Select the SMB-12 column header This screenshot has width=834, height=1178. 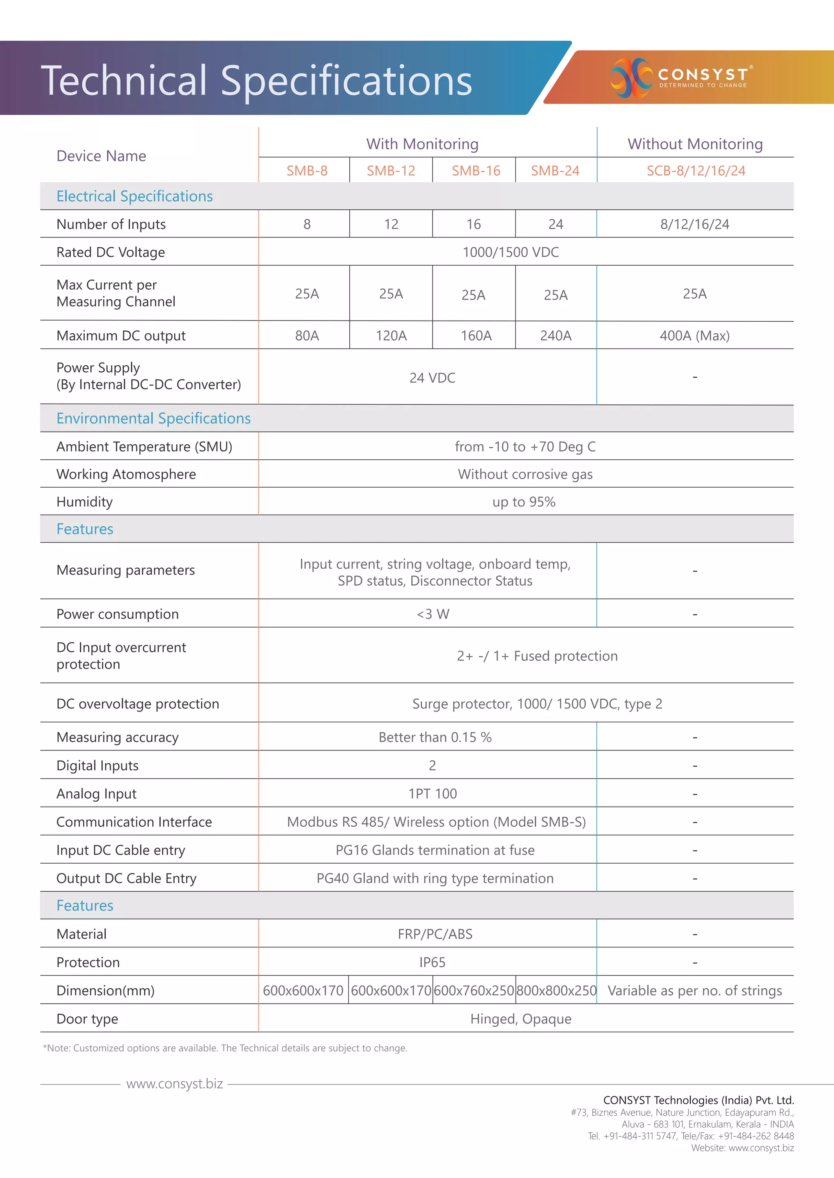[391, 171]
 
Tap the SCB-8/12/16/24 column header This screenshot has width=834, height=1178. [696, 171]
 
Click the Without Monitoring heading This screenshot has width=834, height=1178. [695, 144]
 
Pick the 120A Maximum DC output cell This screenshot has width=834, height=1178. [391, 336]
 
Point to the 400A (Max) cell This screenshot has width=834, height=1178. [694, 336]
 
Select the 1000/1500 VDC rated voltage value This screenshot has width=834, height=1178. [511, 252]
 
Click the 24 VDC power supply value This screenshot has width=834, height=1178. [432, 377]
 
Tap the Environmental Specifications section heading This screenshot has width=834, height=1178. [154, 418]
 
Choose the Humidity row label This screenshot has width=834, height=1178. [84, 502]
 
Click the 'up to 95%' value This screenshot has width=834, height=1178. [523, 502]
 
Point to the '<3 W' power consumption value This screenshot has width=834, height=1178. [432, 614]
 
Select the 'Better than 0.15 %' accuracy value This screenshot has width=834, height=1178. [435, 737]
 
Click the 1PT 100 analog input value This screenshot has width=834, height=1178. [432, 794]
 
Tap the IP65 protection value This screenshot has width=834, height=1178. [432, 962]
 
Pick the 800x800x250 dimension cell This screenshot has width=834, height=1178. [556, 991]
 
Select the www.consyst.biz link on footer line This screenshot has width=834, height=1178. [174, 1084]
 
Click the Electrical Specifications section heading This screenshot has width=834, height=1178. [134, 196]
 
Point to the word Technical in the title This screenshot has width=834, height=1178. [124, 81]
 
